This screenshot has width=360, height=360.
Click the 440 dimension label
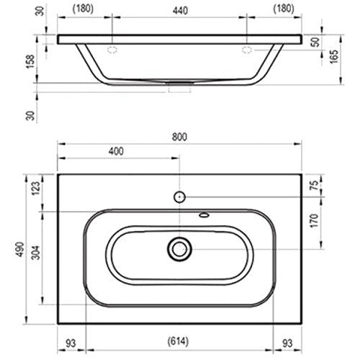click(x=180, y=11)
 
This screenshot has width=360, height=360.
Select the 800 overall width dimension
click(x=179, y=137)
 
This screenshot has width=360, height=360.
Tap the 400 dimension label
click(x=116, y=151)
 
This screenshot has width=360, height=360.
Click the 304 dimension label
click(x=36, y=253)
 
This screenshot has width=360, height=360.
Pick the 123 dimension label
click(x=36, y=189)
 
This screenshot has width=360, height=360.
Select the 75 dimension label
click(x=314, y=185)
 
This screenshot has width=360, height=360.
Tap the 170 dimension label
click(x=314, y=221)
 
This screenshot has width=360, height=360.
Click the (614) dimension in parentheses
click(x=178, y=341)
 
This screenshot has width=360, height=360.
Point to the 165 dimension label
click(x=334, y=57)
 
